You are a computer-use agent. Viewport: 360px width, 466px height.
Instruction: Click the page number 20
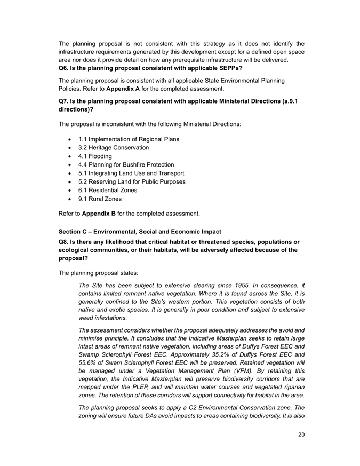(x=301, y=435)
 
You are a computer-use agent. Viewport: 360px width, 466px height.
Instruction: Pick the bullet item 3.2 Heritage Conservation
(x=113, y=147)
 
